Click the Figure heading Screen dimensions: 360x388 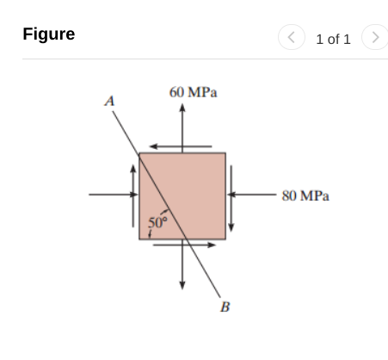tap(48, 34)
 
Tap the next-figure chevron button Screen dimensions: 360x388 tap(374, 38)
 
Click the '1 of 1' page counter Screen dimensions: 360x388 tap(333, 39)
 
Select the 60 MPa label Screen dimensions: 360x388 tap(193, 92)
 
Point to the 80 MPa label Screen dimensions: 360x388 tap(305, 196)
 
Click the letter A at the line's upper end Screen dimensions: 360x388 tap(109, 101)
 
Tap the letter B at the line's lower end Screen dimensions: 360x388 tap(225, 306)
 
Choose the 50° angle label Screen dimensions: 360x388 tap(156, 224)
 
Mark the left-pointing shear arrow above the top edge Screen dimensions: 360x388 tap(180, 146)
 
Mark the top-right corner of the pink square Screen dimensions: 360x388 tap(225, 153)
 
